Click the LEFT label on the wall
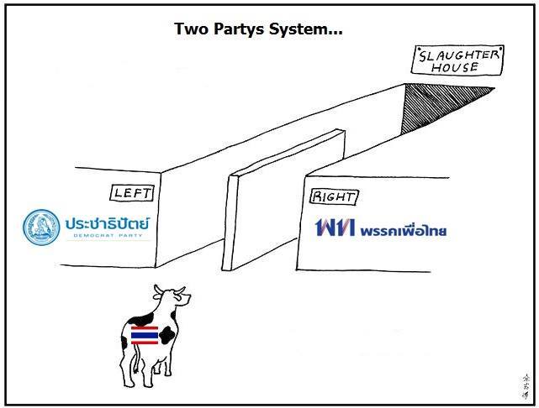(132, 193)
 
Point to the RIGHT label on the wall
(334, 198)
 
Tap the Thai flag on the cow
(145, 336)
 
